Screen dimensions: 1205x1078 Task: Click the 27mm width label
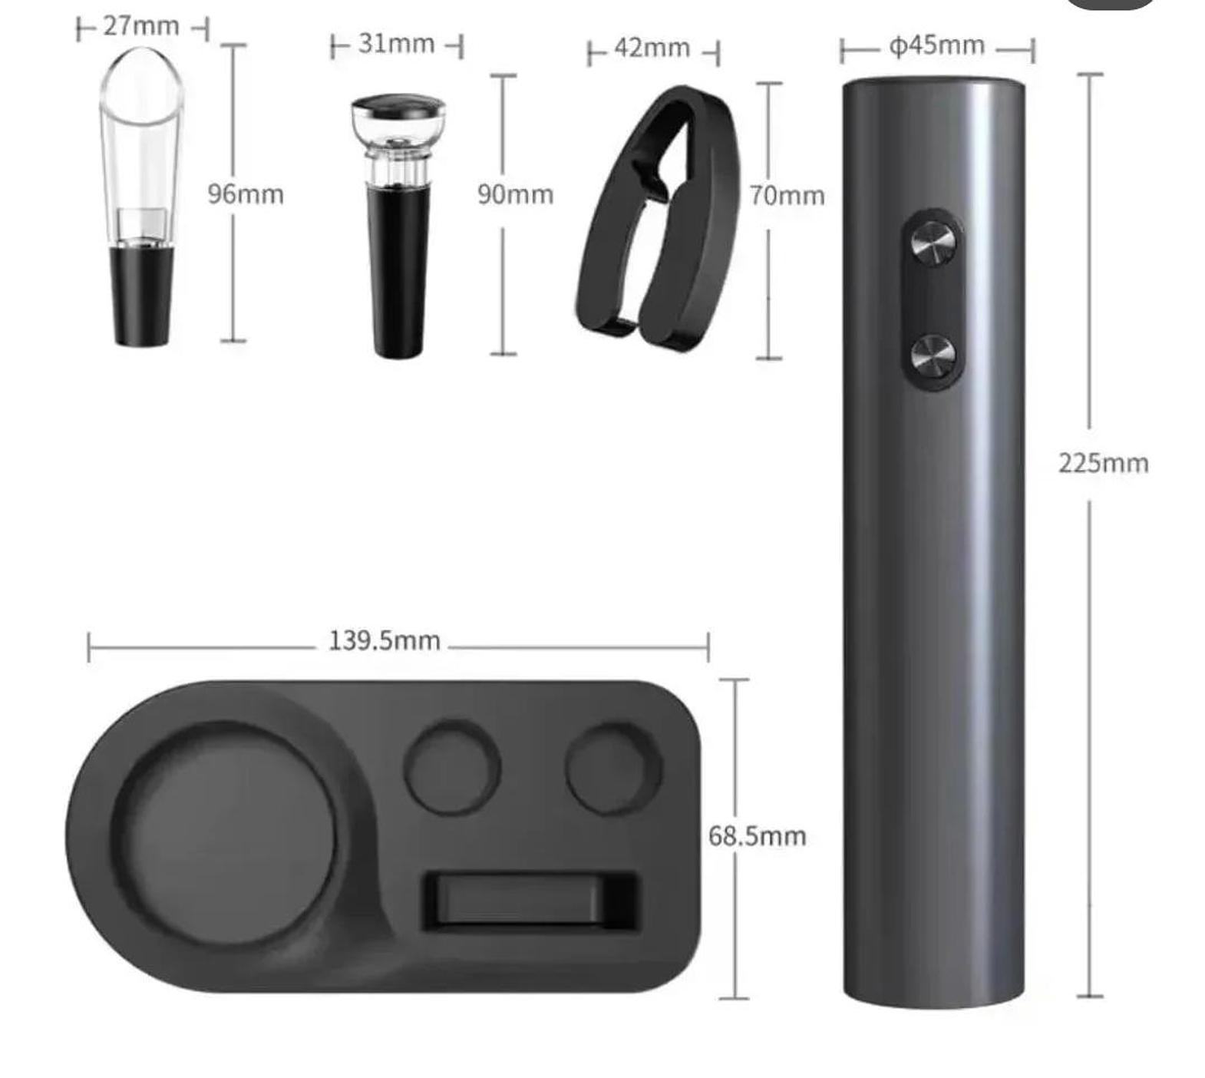(141, 26)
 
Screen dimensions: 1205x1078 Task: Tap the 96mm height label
(246, 194)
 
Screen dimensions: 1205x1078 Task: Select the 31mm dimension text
(396, 44)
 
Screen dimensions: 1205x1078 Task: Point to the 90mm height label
(515, 194)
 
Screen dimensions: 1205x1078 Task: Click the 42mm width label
(652, 48)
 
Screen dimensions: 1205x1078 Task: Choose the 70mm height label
(787, 196)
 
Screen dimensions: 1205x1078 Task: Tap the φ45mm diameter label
(936, 45)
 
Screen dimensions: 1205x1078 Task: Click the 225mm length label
(1103, 464)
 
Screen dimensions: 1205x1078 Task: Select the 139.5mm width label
(385, 640)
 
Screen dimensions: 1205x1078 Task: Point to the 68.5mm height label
(757, 835)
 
